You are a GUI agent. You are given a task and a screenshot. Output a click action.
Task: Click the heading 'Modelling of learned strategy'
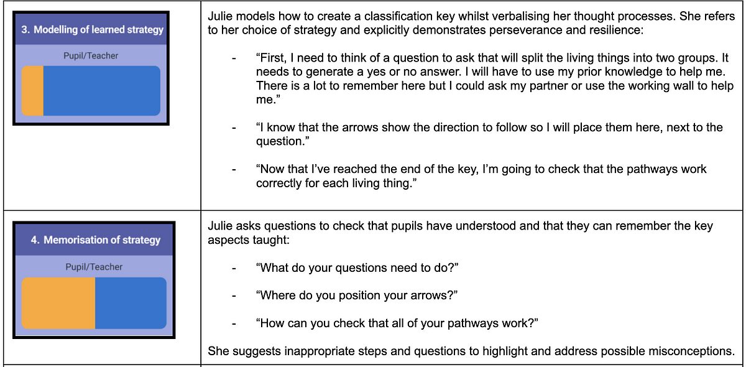tap(99, 30)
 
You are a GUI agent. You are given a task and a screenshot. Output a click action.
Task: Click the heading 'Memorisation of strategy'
tap(102, 240)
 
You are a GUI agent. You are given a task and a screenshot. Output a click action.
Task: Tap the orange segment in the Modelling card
tap(32, 91)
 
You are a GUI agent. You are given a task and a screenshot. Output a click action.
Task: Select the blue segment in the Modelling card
tap(102, 91)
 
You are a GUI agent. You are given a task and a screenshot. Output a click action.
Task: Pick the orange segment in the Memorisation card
tap(58, 303)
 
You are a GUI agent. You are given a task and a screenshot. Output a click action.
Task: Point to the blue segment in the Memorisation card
tap(131, 303)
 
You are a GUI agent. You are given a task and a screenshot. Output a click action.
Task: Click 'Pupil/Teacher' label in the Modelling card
tap(91, 55)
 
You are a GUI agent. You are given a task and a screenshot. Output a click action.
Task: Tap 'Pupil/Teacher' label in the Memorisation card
tap(94, 267)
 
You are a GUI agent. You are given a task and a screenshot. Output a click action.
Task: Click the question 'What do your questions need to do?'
tap(357, 268)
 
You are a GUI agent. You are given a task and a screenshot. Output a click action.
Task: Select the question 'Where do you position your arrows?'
tap(357, 295)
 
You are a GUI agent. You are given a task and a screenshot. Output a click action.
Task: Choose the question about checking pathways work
tap(397, 323)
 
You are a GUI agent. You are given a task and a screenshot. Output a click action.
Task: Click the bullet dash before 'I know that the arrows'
tap(234, 128)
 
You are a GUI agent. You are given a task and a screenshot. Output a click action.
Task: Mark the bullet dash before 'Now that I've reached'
tap(234, 170)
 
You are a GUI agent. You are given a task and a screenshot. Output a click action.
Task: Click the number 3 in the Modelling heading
tap(25, 30)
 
